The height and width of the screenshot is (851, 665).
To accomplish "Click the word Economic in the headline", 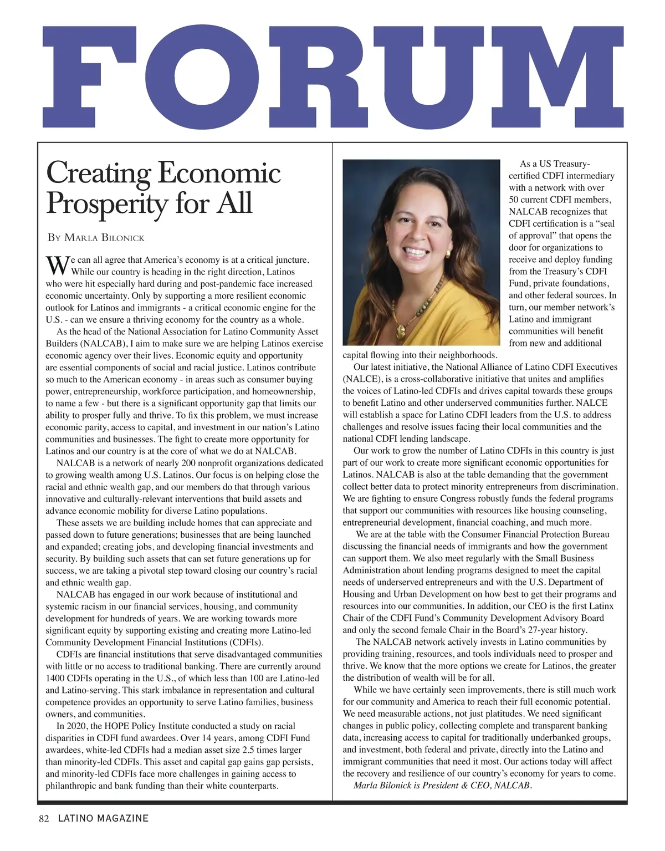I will click(219, 173).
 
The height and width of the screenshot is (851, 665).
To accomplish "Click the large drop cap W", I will click(57, 264).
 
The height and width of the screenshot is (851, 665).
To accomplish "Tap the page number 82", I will click(44, 818).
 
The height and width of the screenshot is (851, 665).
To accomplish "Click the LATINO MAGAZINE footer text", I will click(103, 818).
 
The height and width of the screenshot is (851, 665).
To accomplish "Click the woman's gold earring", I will click(448, 253).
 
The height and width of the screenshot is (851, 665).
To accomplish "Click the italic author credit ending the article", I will click(442, 786).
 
